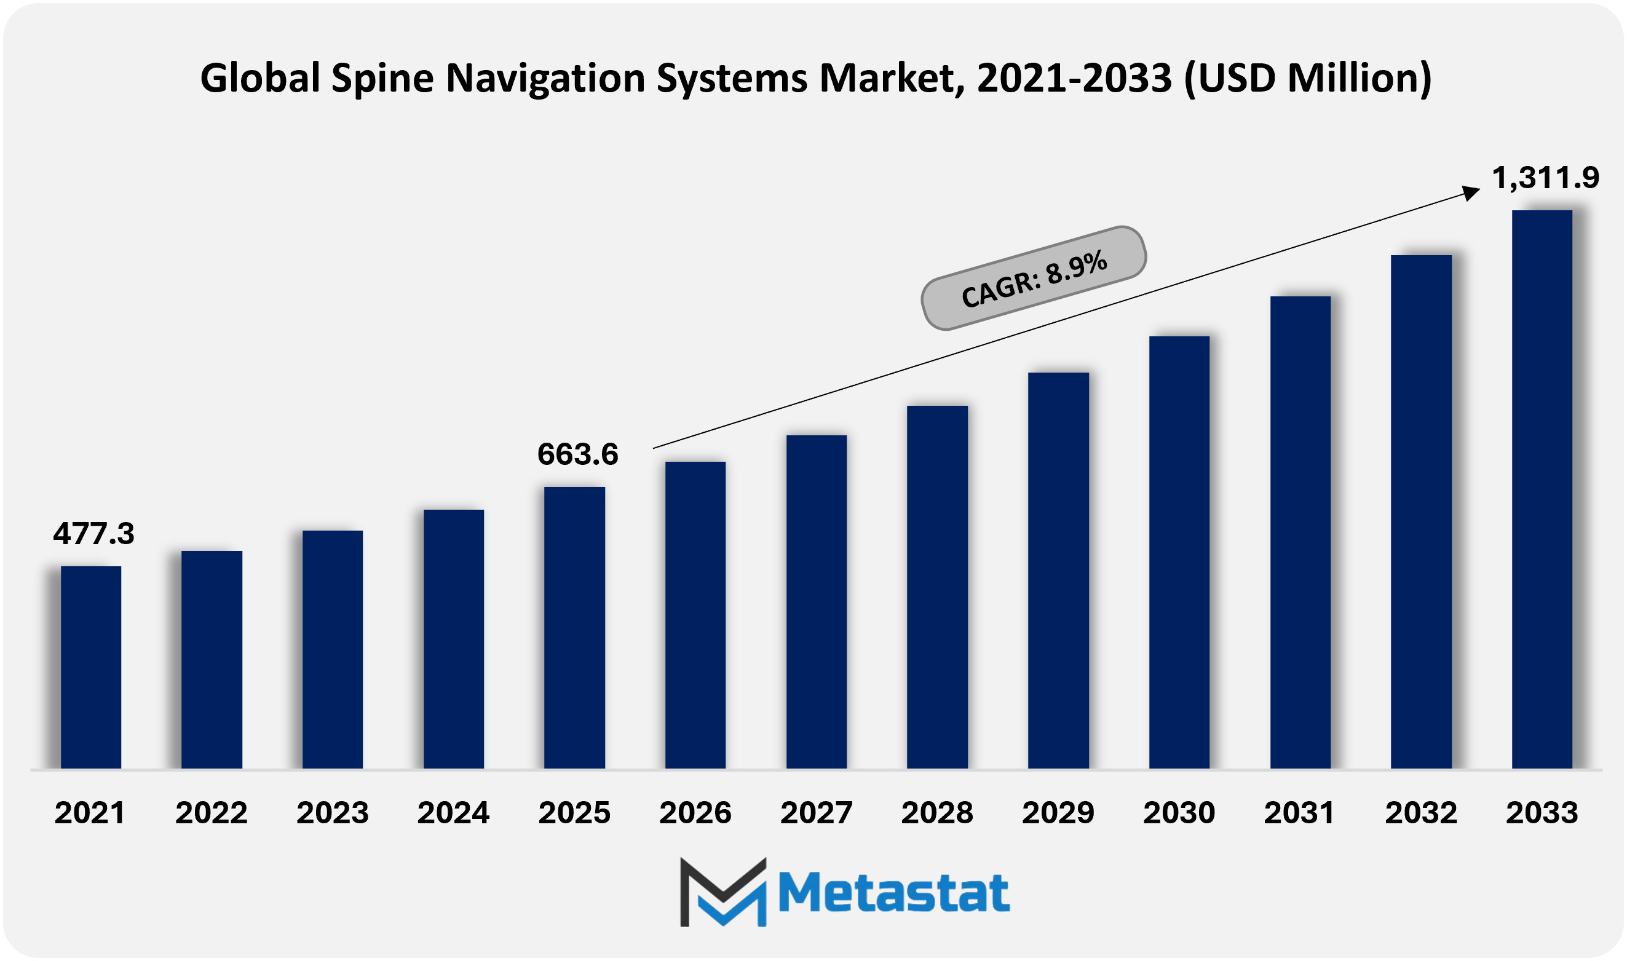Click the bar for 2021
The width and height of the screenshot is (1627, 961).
click(90, 667)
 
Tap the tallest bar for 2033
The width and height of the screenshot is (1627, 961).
click(1542, 489)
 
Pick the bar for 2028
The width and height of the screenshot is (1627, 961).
click(937, 587)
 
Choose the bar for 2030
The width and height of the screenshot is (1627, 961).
click(1179, 552)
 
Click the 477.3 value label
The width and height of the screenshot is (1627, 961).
click(94, 534)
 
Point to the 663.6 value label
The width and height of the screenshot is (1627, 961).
click(577, 454)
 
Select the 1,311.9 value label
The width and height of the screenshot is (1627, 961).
click(1545, 178)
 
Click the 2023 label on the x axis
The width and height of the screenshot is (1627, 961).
click(332, 813)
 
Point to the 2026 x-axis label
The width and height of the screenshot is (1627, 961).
click(695, 813)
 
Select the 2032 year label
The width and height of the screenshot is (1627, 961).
click(1420, 813)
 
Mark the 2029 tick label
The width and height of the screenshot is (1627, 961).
click(1058, 813)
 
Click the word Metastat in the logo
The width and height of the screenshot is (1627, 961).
click(893, 893)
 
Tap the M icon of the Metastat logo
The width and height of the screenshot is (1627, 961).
click(722, 892)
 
